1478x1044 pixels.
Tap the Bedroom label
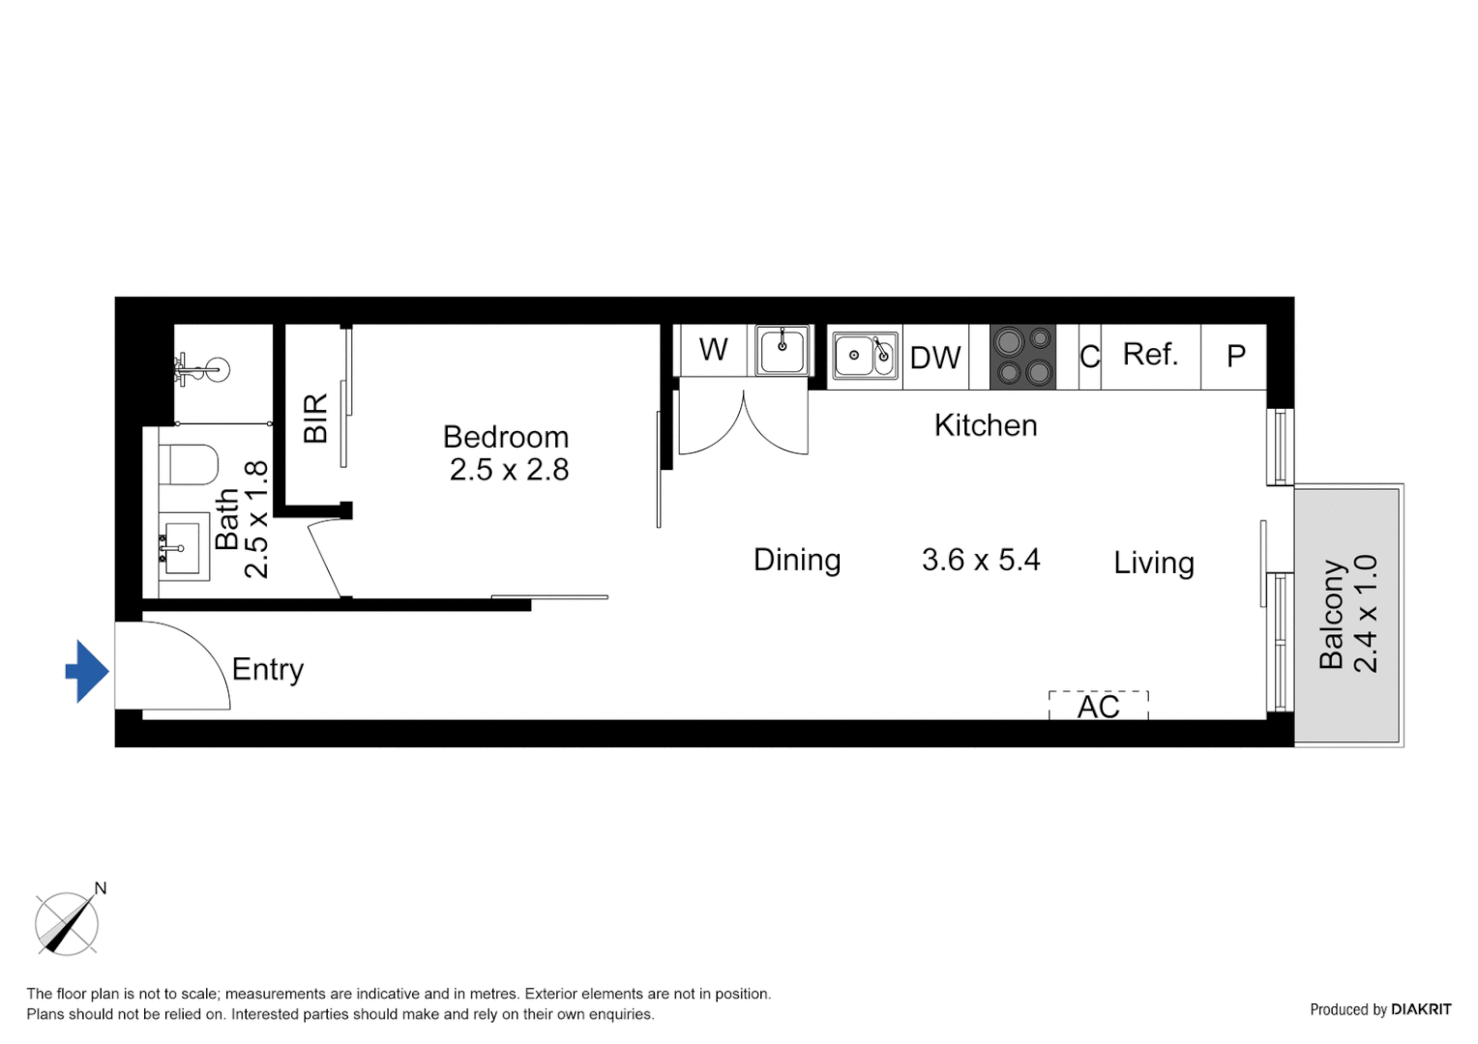(x=505, y=437)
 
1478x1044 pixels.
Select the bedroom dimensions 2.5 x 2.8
(x=509, y=470)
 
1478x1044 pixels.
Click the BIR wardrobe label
(x=315, y=418)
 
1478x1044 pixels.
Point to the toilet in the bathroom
(x=189, y=465)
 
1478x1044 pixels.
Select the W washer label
(x=713, y=350)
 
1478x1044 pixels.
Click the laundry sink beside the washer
(x=783, y=350)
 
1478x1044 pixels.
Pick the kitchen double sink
(x=865, y=356)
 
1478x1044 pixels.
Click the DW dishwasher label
(x=935, y=359)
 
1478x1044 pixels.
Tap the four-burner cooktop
(x=1022, y=357)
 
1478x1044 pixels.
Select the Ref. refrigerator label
(x=1150, y=355)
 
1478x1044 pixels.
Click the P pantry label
(x=1235, y=357)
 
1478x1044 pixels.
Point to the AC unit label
(x=1099, y=707)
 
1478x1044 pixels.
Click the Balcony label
(x=1332, y=614)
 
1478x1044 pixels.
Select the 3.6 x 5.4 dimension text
(x=981, y=560)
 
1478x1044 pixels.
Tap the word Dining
(x=797, y=560)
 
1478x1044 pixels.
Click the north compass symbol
(x=67, y=923)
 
